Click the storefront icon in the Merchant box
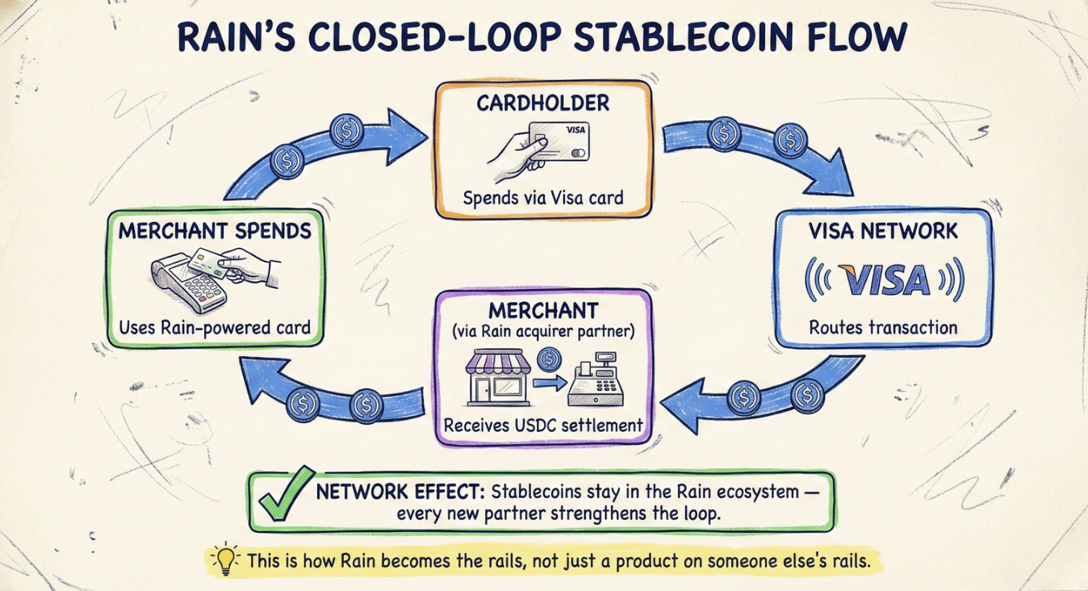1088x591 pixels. point(493,379)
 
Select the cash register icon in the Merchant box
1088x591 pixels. point(599,384)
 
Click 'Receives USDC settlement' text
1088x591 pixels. point(542,425)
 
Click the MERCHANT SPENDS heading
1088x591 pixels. point(215,232)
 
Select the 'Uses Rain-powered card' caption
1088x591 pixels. point(215,328)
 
